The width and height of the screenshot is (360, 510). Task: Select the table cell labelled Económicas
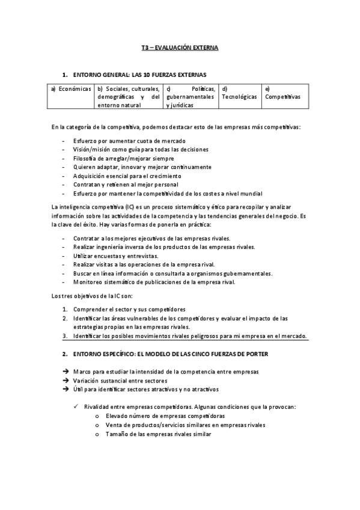click(71, 89)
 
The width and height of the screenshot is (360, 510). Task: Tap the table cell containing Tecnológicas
click(239, 96)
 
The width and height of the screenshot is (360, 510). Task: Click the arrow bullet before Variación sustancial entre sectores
click(65, 381)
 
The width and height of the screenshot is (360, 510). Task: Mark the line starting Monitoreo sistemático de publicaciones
click(154, 282)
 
